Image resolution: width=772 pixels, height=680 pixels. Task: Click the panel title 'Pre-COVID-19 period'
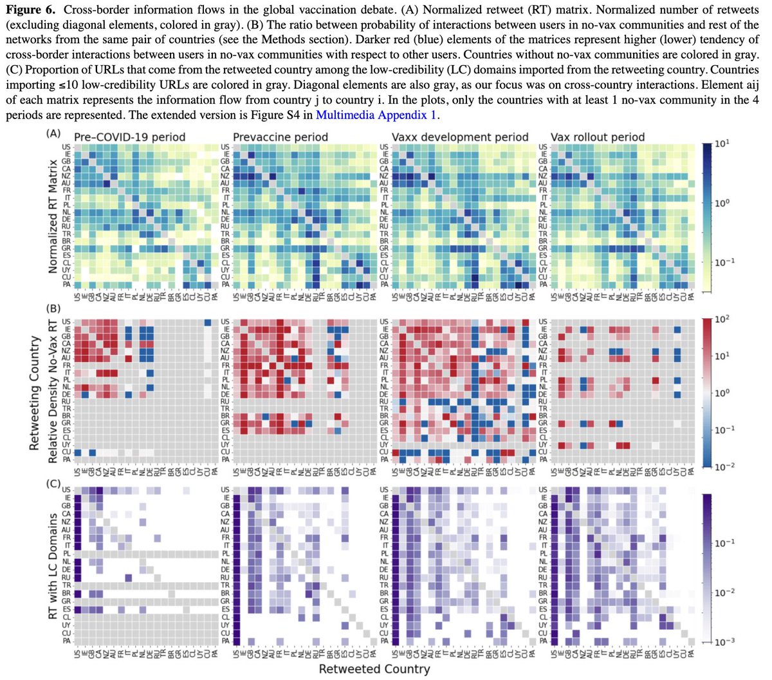pos(129,137)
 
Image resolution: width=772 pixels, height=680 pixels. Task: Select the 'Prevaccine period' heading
pos(280,137)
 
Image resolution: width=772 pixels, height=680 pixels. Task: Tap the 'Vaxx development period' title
pos(460,137)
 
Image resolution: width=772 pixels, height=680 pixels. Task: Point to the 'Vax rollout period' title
pos(598,137)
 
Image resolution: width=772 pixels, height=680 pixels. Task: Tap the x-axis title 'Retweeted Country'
pos(374,668)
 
